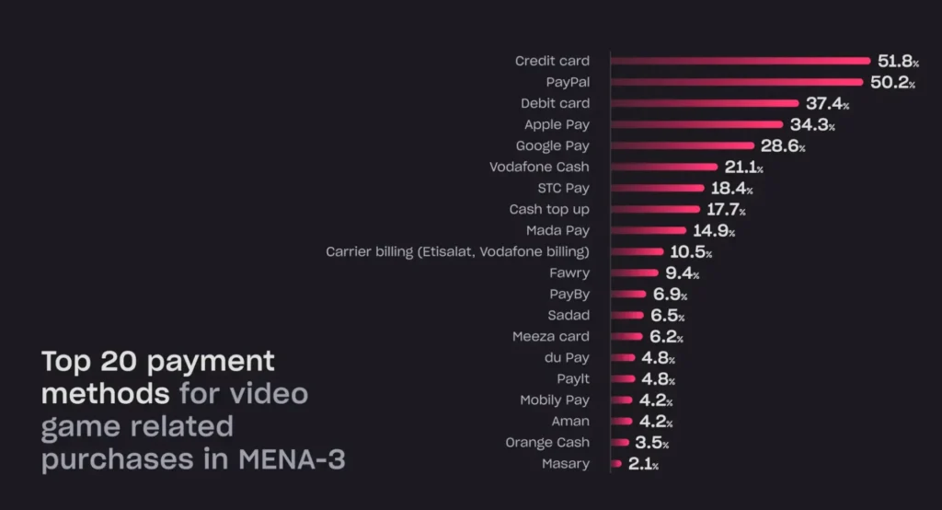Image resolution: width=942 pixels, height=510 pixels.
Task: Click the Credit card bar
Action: [x=741, y=61]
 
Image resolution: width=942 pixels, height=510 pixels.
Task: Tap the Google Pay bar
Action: [x=683, y=145]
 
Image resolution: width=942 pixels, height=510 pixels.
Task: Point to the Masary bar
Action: [x=616, y=463]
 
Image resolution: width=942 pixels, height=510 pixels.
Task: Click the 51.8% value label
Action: [x=898, y=61]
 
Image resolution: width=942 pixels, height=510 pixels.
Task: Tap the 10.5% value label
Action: [x=690, y=251]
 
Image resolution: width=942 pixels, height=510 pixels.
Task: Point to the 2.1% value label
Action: [x=643, y=464]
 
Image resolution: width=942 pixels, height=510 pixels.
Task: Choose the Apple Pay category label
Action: [x=557, y=124]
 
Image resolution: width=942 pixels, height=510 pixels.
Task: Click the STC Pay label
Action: [x=563, y=188]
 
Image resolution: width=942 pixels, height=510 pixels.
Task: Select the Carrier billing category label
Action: [x=457, y=251]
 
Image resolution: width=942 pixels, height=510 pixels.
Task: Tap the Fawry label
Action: [x=569, y=272]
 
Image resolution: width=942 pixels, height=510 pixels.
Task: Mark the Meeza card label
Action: [x=550, y=336]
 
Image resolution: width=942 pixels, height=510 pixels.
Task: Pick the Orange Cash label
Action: [x=547, y=442]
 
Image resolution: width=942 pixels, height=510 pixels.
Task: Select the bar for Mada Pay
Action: [x=649, y=230]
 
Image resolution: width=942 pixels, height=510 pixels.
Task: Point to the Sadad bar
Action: [x=628, y=315]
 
